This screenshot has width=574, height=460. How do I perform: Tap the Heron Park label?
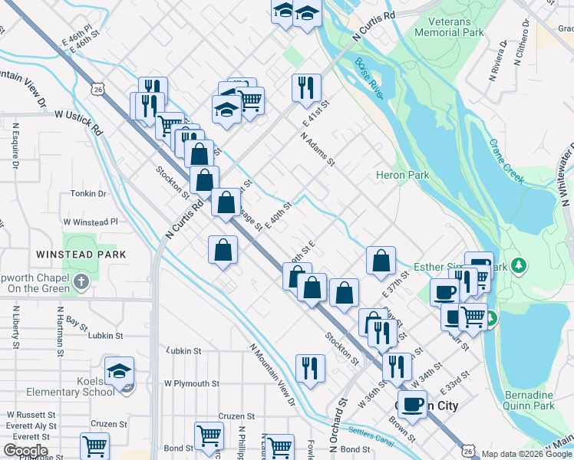click(x=402, y=176)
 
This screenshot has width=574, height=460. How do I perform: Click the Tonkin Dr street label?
click(x=87, y=194)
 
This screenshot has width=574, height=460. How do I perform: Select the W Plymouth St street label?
click(x=191, y=383)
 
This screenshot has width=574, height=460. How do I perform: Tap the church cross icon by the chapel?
click(x=81, y=281)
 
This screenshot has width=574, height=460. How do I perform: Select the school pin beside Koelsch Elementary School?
click(x=119, y=372)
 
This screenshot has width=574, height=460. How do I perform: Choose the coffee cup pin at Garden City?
click(x=412, y=403)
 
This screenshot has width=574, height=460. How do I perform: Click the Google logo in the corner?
click(x=25, y=451)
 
